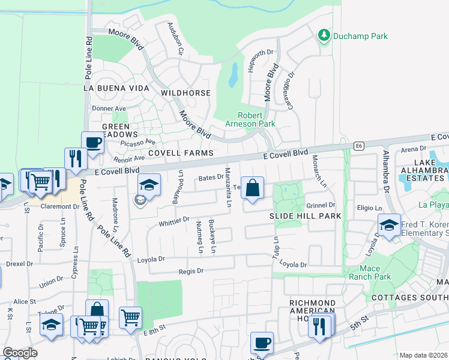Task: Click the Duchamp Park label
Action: (361, 36)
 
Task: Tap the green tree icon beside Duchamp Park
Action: (324, 35)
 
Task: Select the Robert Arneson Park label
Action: (256, 119)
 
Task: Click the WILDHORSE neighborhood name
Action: (185, 94)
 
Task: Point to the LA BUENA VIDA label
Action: (116, 88)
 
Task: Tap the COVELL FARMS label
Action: (181, 154)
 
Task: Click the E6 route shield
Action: (358, 146)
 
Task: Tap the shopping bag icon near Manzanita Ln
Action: (253, 187)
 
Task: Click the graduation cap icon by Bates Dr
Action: (149, 184)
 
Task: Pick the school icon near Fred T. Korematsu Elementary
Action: (389, 225)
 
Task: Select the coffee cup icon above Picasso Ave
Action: (92, 142)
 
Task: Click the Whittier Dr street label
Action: (174, 221)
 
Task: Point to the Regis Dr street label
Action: (191, 271)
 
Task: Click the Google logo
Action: (20, 353)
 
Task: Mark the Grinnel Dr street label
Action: (321, 205)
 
